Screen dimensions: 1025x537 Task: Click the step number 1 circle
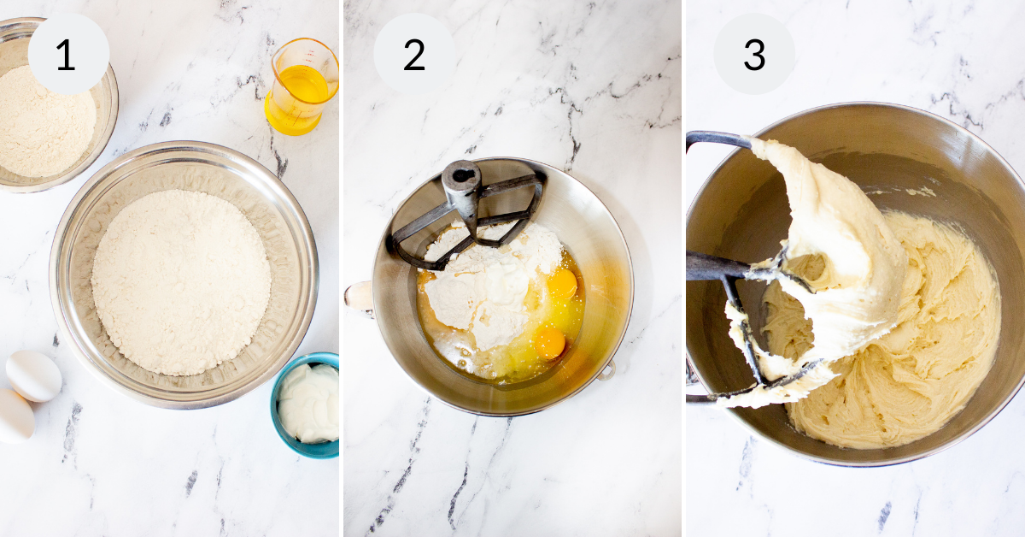pos(68,54)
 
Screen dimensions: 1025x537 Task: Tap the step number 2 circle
pos(414,54)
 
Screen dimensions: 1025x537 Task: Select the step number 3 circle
pos(754,54)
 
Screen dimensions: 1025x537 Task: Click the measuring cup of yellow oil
pos(302,87)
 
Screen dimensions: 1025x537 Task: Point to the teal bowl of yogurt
pos(306,405)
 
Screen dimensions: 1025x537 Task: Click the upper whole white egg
pos(34,375)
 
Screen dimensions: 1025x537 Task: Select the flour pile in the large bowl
pos(181,282)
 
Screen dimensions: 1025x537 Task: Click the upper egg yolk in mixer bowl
pos(562,283)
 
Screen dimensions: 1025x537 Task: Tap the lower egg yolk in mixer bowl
pos(549,343)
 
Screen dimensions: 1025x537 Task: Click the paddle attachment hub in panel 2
pos(461,181)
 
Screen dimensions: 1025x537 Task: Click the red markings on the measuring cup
pos(312,51)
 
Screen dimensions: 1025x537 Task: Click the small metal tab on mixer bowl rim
pos(606,370)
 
